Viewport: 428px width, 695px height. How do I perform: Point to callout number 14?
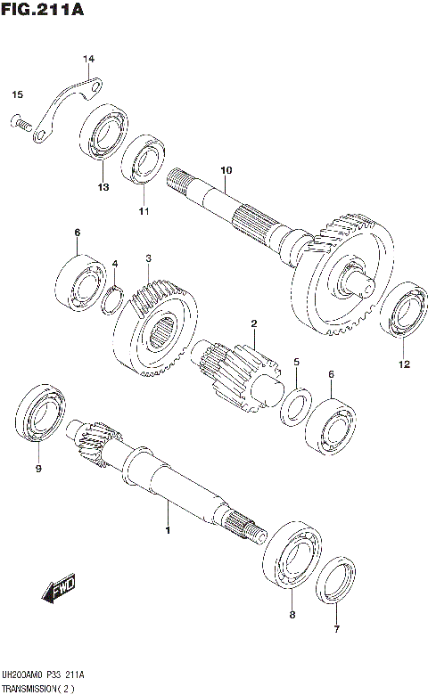pos(88,60)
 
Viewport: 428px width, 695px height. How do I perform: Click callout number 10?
pos(226,169)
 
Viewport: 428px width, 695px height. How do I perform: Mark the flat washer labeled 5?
pos(296,402)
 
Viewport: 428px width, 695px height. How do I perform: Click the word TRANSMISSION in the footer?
pos(32,689)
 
